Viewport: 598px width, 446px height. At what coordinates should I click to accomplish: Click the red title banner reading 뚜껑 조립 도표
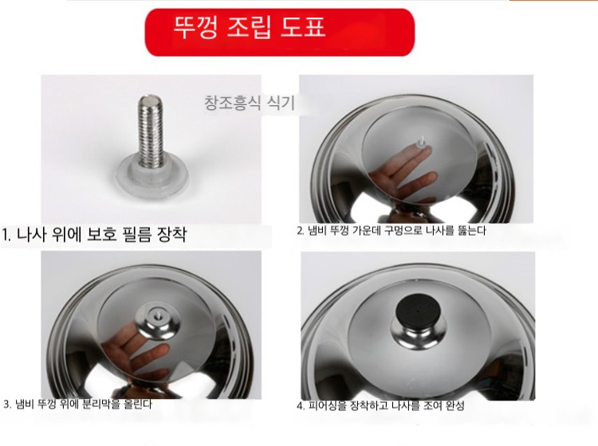280,33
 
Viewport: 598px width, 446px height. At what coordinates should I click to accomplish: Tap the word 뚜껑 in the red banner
195,27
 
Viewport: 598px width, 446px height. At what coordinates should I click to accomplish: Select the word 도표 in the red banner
303,27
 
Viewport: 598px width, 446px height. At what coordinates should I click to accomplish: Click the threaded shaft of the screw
151,131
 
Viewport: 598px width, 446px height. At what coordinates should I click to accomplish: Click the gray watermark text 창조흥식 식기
250,103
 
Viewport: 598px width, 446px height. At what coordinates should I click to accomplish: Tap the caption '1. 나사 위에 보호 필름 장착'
94,234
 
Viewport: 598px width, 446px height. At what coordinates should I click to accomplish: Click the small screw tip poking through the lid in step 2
421,141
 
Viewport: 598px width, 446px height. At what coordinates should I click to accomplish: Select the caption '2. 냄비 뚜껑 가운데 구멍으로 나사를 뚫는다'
391,230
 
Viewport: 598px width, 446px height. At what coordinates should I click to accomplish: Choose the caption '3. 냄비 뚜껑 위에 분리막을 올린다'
78,404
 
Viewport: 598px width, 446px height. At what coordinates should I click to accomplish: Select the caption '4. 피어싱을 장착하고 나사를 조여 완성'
380,405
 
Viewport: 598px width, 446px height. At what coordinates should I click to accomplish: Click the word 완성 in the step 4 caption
455,405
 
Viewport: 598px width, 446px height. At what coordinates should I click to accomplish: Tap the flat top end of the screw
151,100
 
